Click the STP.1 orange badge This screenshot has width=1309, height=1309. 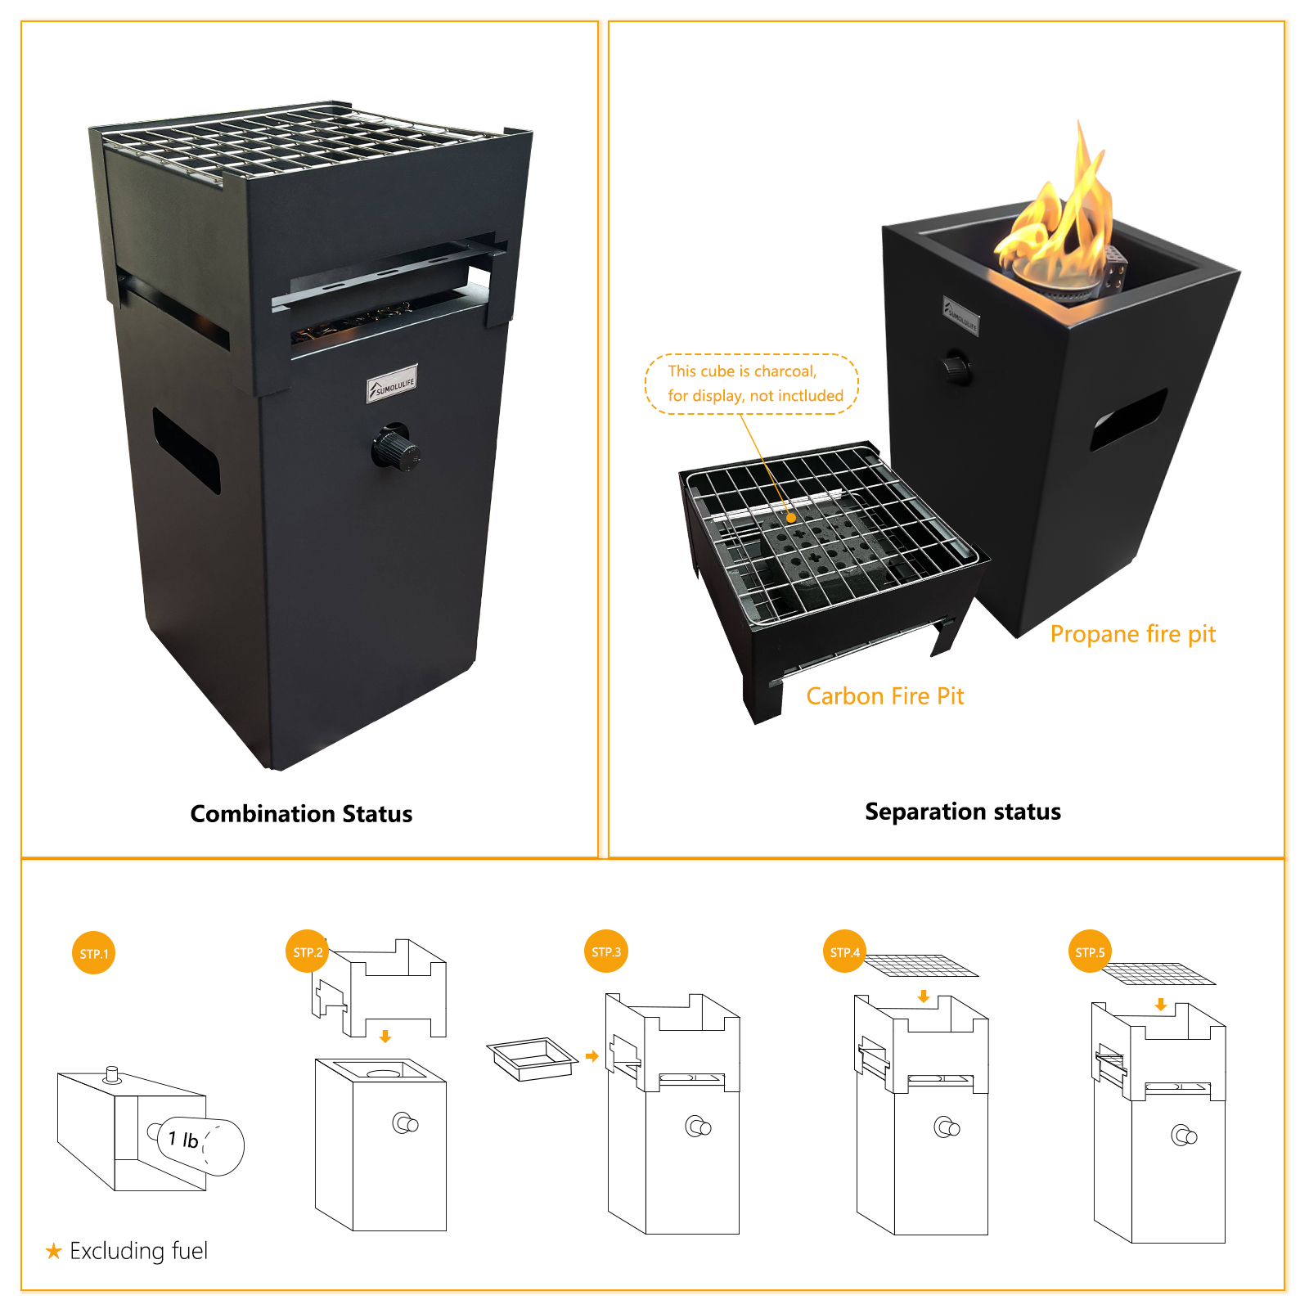(x=93, y=953)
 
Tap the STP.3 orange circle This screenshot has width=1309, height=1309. (x=606, y=951)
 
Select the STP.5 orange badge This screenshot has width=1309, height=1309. (x=1090, y=951)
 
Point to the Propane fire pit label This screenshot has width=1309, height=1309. (x=1132, y=634)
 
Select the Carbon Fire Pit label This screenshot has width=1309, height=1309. (x=884, y=696)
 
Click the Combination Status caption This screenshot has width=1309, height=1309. (x=301, y=814)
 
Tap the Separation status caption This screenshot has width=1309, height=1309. (x=962, y=812)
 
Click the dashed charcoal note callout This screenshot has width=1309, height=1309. (x=752, y=384)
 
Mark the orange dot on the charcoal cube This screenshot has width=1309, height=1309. (x=791, y=518)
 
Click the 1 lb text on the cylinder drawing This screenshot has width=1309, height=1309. (x=183, y=1139)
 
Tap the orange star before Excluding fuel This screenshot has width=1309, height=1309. (x=54, y=1251)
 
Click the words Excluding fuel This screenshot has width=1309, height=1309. (x=138, y=1251)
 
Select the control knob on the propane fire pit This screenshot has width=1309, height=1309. (x=956, y=368)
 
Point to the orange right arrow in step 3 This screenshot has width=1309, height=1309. (x=592, y=1056)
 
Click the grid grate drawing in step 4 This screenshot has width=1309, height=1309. (x=921, y=965)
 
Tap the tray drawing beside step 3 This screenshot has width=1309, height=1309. (x=532, y=1059)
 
